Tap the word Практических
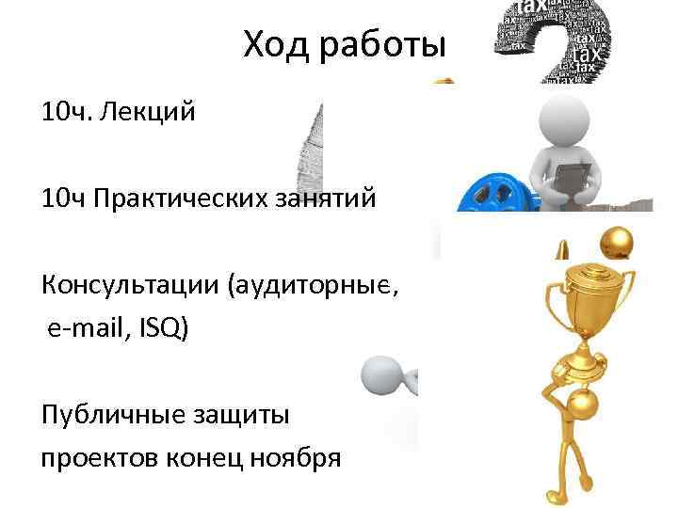(x=190, y=199)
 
